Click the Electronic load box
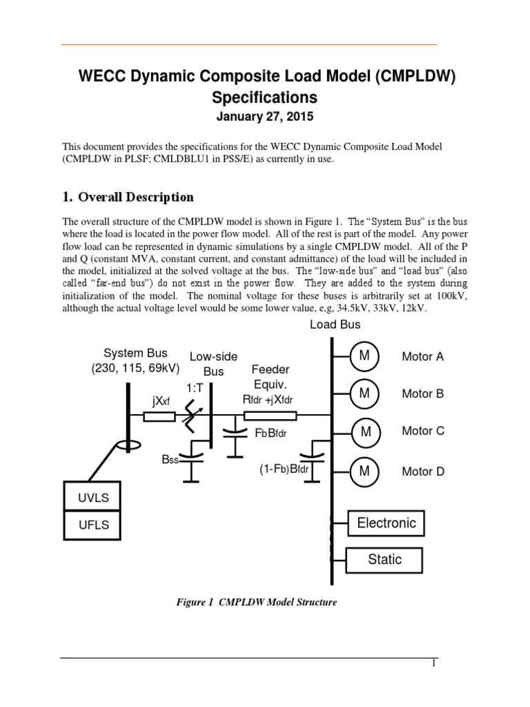386,523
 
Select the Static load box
384,559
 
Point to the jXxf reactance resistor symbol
159,416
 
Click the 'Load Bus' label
335,325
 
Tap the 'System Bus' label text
135,353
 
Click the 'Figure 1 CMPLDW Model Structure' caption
257,603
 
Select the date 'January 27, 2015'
265,117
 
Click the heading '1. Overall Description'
128,197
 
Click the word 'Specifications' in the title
265,97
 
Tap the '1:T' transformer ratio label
194,389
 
